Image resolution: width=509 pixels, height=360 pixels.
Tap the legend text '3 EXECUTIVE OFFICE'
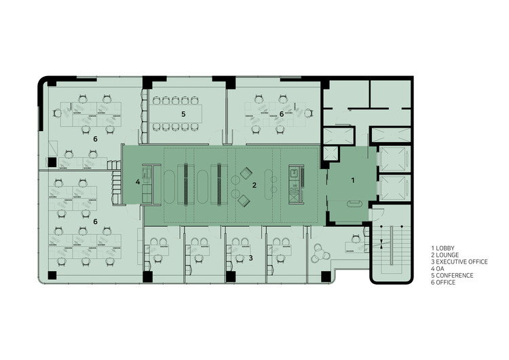pyautogui.click(x=459, y=262)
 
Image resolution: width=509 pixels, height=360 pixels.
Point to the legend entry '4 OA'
pyautogui.click(x=438, y=269)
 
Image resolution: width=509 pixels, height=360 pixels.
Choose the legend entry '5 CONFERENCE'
pyautogui.click(x=452, y=276)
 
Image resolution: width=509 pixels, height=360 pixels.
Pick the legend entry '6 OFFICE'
pyautogui.click(x=443, y=283)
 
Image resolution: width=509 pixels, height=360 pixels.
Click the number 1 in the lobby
pyautogui.click(x=353, y=180)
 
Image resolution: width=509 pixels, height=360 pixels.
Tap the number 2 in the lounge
pyautogui.click(x=254, y=185)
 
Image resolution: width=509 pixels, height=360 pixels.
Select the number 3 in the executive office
pyautogui.click(x=250, y=258)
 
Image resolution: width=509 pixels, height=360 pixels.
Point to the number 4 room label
pyautogui.click(x=138, y=182)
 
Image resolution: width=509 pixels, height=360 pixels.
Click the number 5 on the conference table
pyautogui.click(x=183, y=114)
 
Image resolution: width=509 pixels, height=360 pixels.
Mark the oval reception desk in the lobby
pyautogui.click(x=355, y=204)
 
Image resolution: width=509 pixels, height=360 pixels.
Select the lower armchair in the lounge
pyautogui.click(x=244, y=201)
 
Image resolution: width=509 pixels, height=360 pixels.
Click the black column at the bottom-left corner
pyautogui.click(x=52, y=275)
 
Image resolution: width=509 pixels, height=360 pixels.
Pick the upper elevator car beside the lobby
pyautogui.click(x=395, y=158)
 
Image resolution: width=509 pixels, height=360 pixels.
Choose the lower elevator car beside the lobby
pyautogui.click(x=395, y=187)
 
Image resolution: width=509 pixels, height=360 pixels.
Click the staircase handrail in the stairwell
pyautogui.click(x=392, y=245)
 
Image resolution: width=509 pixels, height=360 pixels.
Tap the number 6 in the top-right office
pyautogui.click(x=282, y=114)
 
